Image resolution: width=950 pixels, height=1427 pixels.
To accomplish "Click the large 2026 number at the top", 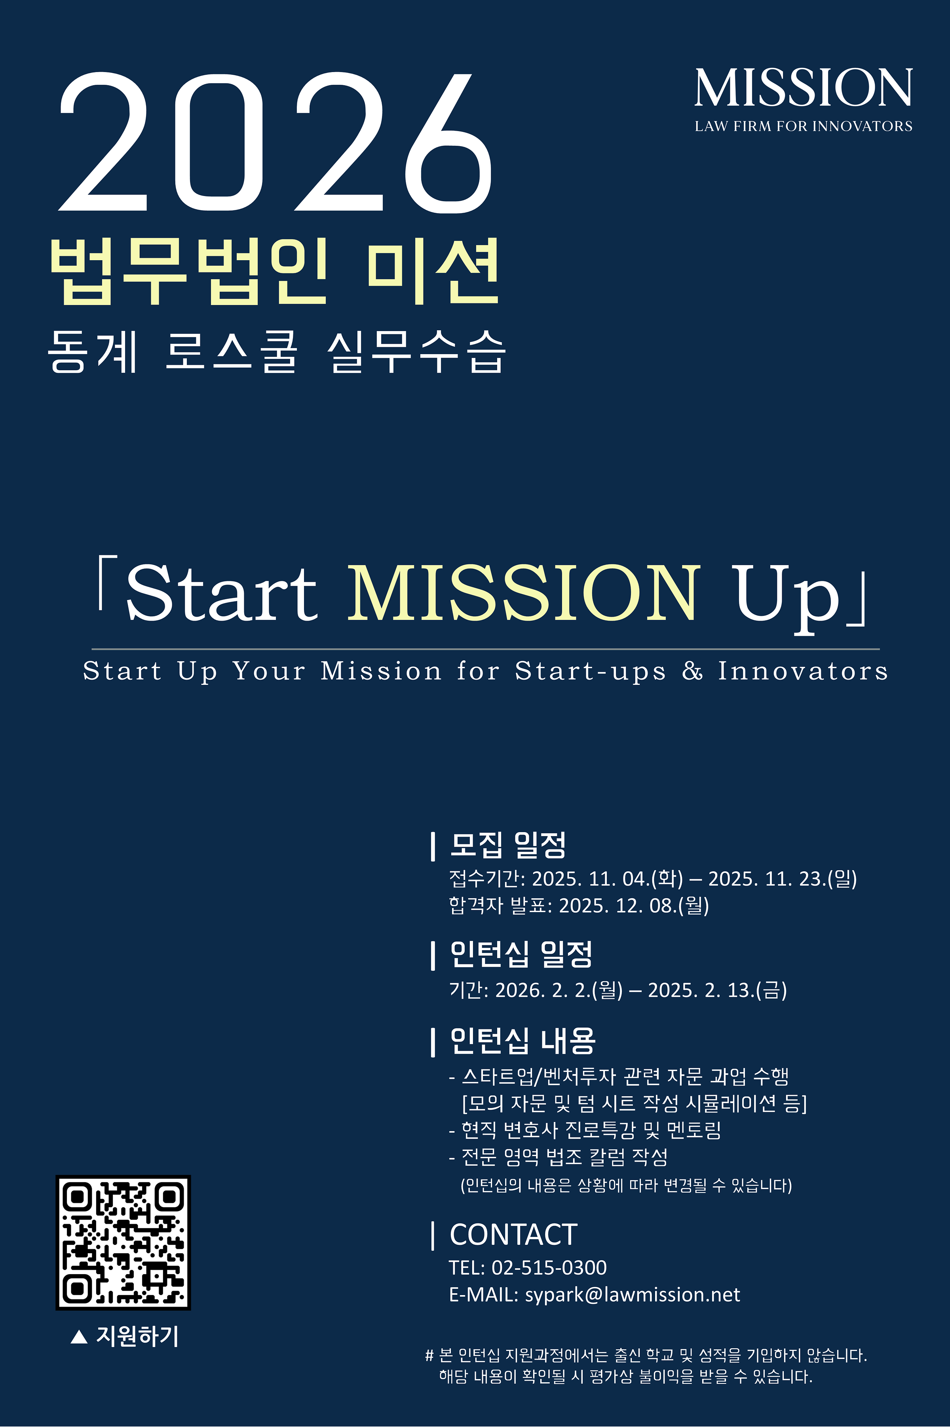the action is (275, 143).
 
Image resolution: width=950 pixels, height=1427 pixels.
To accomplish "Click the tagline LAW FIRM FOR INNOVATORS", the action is (804, 126).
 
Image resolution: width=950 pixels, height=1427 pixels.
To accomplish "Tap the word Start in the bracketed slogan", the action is (222, 593).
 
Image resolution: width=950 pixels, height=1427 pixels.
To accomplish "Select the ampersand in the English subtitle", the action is (692, 671).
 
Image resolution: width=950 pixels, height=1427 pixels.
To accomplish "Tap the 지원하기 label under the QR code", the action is (137, 1336).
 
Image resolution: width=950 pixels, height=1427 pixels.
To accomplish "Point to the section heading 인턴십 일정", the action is (521, 954).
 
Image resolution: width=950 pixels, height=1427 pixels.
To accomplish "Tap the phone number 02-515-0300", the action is (549, 1267).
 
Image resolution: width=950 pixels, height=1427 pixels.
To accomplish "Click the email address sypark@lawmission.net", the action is (633, 1295).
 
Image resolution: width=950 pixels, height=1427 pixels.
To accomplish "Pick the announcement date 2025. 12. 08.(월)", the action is (634, 906).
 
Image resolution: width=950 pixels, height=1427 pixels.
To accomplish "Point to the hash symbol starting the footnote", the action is (429, 1355).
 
